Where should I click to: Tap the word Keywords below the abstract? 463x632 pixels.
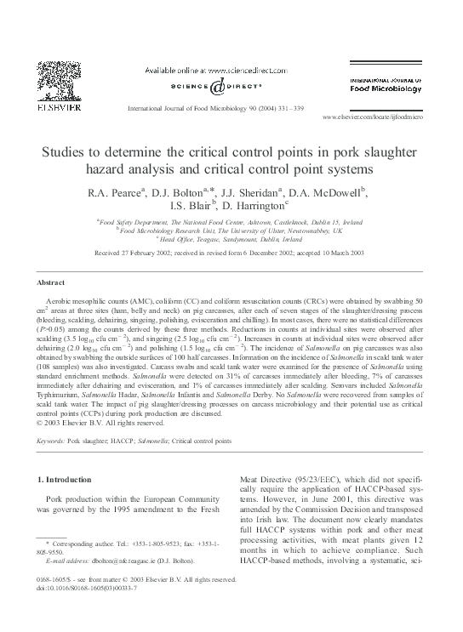tap(50, 441)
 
